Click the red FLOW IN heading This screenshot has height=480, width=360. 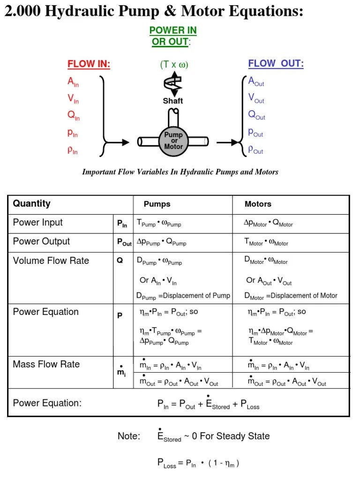[x=89, y=64]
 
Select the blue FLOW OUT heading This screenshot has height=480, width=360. [x=276, y=64]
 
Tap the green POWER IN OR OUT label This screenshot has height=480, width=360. [x=173, y=36]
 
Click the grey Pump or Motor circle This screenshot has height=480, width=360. [x=173, y=141]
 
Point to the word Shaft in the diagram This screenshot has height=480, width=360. [x=173, y=101]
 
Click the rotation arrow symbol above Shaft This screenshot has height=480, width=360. [x=173, y=83]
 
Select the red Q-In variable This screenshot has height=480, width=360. [x=73, y=115]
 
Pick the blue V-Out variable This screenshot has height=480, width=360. [x=256, y=98]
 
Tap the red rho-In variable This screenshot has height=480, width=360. [x=73, y=151]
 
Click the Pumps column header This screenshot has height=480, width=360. [x=157, y=204]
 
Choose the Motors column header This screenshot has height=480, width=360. [x=258, y=204]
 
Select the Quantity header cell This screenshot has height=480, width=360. [x=32, y=203]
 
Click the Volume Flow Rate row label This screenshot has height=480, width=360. [x=51, y=261]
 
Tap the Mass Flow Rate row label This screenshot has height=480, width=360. [x=46, y=364]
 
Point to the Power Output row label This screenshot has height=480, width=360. [x=41, y=241]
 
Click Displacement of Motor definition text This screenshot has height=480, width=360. [x=291, y=296]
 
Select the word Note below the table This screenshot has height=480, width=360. [x=129, y=436]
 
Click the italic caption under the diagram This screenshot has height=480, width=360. [x=180, y=172]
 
